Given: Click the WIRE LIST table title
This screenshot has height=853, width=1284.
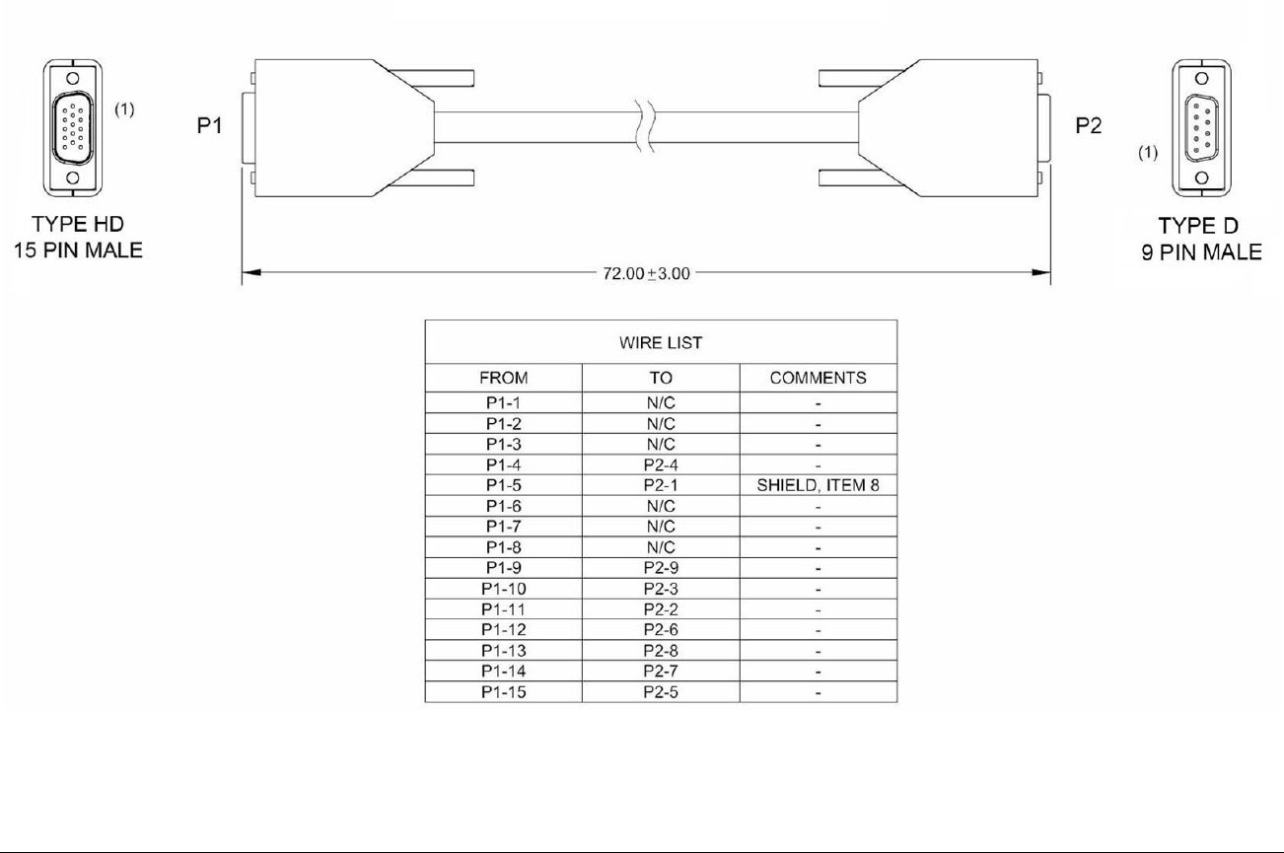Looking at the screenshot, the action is point(661,343).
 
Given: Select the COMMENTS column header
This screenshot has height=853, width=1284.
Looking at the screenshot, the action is point(818,378).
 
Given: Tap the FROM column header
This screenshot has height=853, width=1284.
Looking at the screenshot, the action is point(503,378).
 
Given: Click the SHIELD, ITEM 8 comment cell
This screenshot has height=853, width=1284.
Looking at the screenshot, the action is point(818,485).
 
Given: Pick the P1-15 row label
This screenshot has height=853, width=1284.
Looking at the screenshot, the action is point(503,692).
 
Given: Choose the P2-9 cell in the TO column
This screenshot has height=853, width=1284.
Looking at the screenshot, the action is point(661,568).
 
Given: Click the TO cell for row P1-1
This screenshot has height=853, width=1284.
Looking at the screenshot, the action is point(661,402).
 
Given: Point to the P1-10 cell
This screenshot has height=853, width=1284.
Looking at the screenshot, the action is point(503,589).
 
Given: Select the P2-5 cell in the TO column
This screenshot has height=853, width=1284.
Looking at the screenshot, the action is point(661,692).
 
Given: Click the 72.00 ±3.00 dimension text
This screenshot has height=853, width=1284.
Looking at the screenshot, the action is point(646,273).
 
